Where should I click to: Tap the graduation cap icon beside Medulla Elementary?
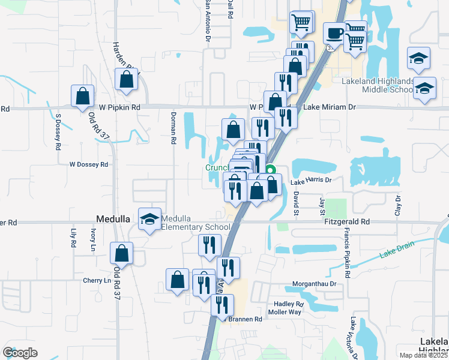(x=149, y=219)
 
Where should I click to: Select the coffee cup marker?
(x=334, y=34)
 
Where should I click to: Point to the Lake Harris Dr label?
(x=311, y=180)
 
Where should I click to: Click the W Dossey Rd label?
(x=88, y=164)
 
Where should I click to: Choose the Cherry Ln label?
(x=97, y=280)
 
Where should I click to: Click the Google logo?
(x=20, y=352)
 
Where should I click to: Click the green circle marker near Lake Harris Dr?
(x=271, y=169)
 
